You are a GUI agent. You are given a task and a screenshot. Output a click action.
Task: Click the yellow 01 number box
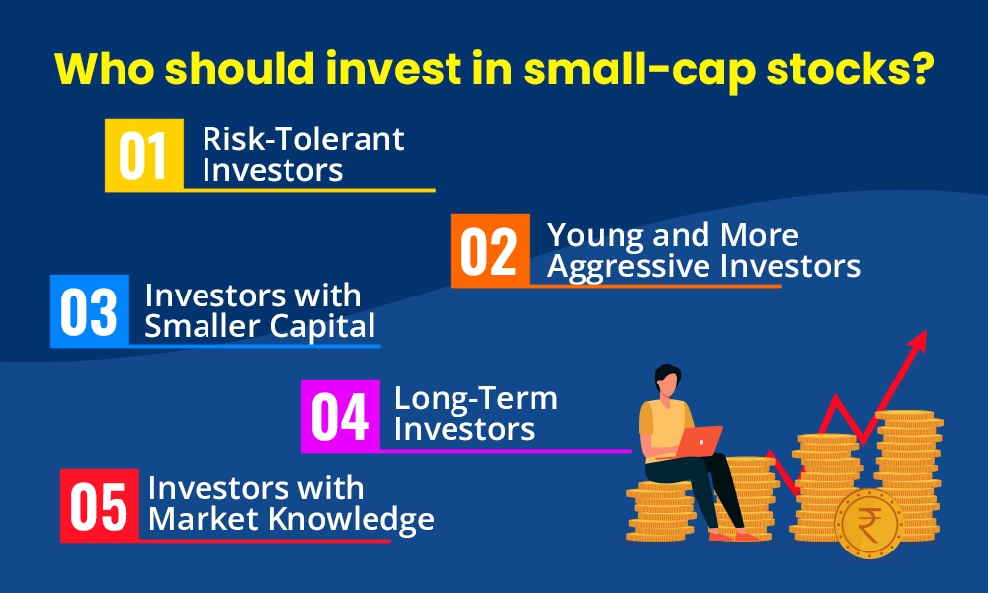[143, 155]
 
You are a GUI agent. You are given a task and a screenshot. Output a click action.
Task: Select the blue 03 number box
[89, 311]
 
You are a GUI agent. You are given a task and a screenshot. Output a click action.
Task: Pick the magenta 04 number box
[340, 416]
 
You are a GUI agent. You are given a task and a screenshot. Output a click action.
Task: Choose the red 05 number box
[100, 505]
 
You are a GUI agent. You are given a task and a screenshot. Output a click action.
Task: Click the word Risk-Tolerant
[303, 139]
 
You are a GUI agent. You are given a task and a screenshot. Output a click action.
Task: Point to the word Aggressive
[628, 267]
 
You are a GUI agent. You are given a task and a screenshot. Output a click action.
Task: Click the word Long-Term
[475, 399]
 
